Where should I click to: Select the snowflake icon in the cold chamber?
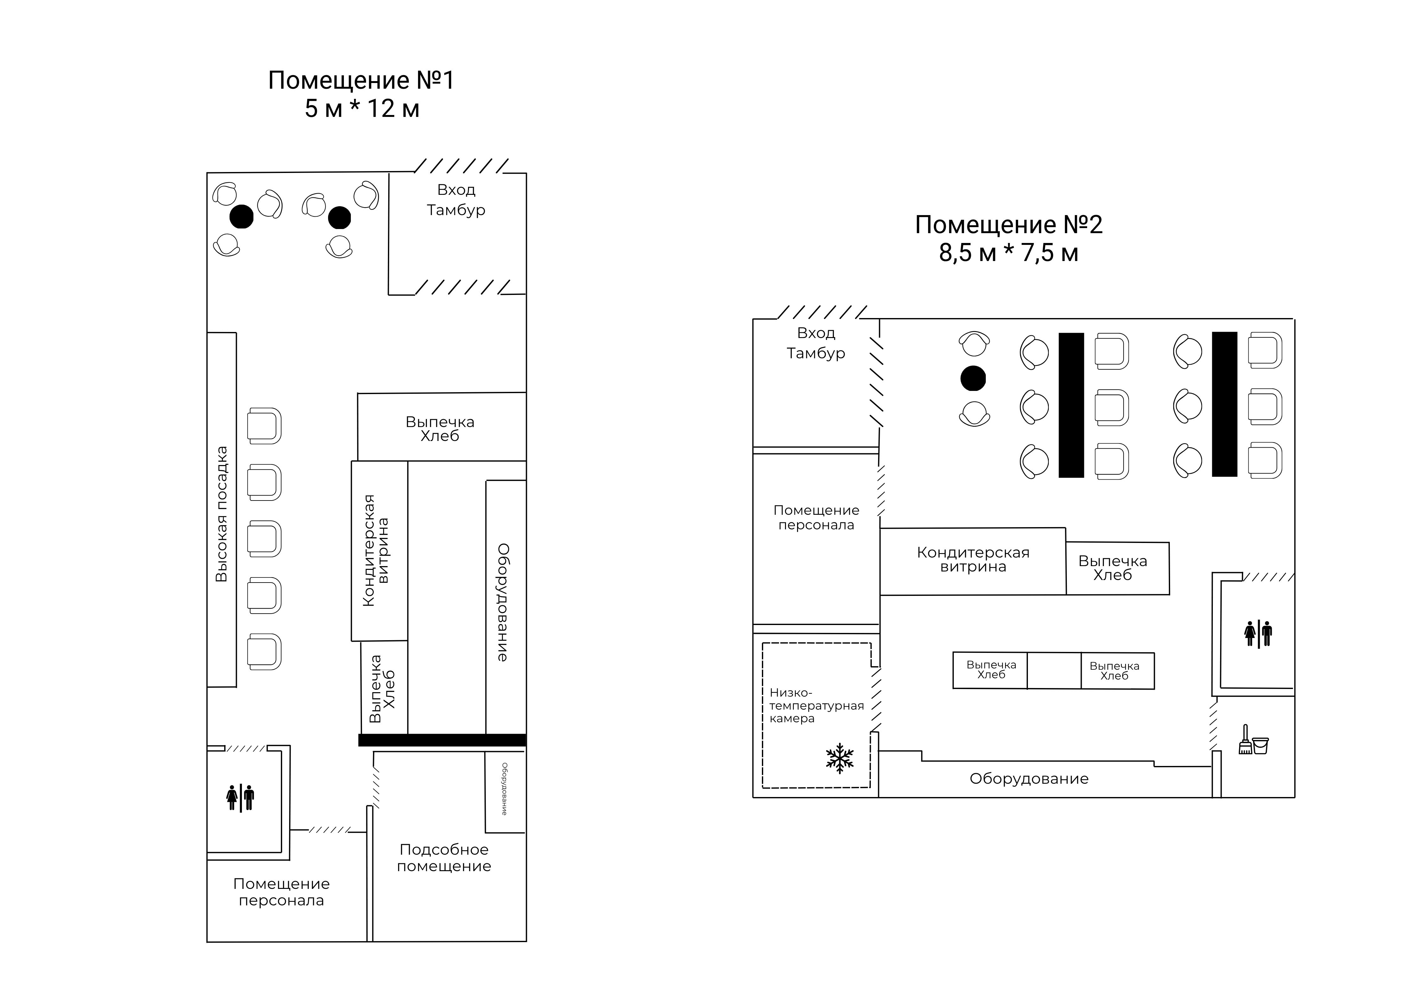[x=840, y=758]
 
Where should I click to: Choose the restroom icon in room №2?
[x=1258, y=634]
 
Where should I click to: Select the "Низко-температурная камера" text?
[x=816, y=706]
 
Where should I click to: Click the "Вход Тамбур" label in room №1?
[x=456, y=200]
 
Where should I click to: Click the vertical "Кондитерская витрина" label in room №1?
[x=376, y=551]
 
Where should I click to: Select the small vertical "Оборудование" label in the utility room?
[x=504, y=789]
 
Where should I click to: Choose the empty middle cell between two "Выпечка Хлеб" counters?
[x=1054, y=671]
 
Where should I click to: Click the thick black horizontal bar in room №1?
[x=442, y=740]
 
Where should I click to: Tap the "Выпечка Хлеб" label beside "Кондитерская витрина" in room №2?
[x=1113, y=568]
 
